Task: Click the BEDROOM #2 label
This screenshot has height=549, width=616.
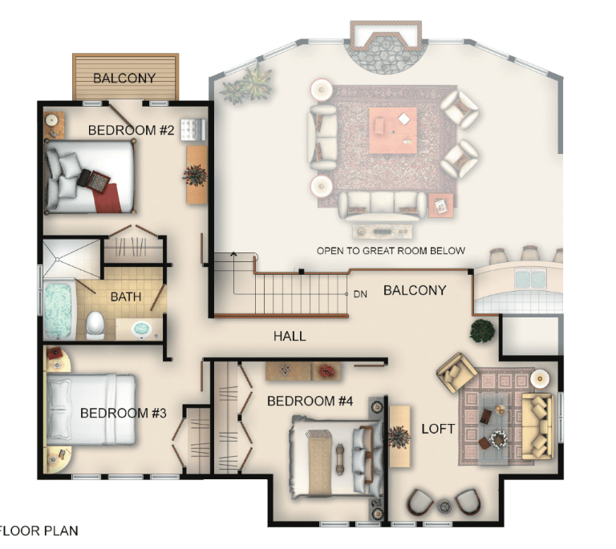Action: pyautogui.click(x=131, y=130)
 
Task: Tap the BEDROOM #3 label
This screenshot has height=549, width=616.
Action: pyautogui.click(x=124, y=413)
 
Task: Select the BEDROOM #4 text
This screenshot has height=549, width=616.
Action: pyautogui.click(x=310, y=401)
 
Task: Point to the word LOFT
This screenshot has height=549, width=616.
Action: pyautogui.click(x=438, y=429)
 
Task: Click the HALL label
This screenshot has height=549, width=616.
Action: pyautogui.click(x=290, y=336)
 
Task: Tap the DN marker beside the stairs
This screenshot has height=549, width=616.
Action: pyautogui.click(x=360, y=294)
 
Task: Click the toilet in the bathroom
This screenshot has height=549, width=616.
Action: pyautogui.click(x=95, y=325)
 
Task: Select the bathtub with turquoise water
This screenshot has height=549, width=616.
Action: pyautogui.click(x=59, y=310)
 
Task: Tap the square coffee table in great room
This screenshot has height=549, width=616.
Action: pyautogui.click(x=393, y=131)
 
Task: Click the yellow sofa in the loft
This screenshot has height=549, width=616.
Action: pyautogui.click(x=537, y=426)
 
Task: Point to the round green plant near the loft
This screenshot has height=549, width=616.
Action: pyautogui.click(x=482, y=331)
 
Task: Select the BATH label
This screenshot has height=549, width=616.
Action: pyautogui.click(x=126, y=297)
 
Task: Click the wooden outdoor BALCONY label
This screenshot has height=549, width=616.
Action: pyautogui.click(x=124, y=78)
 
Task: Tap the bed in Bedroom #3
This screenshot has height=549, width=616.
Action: pyautogui.click(x=91, y=410)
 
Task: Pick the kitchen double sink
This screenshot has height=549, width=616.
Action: pyautogui.click(x=530, y=278)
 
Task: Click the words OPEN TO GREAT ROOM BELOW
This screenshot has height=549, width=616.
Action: pyautogui.click(x=391, y=251)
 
